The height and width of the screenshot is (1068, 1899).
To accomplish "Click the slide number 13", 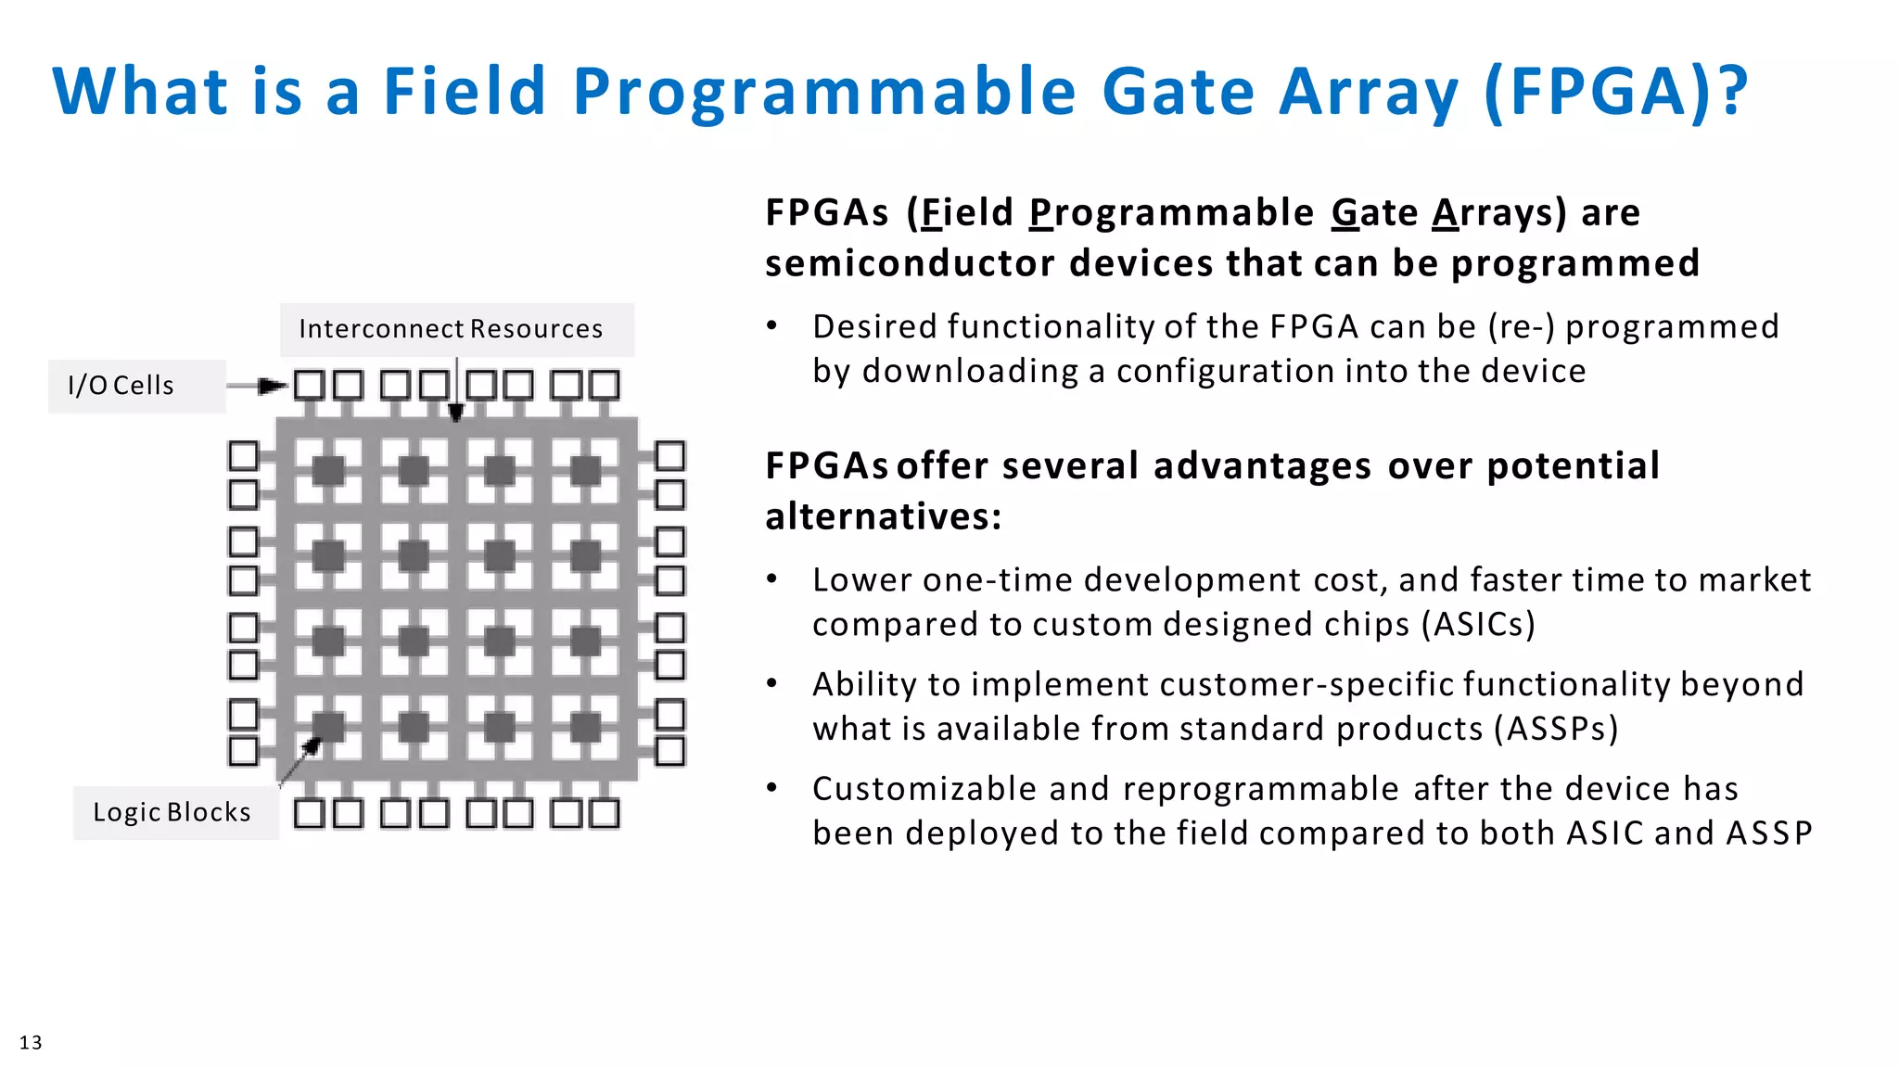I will (31, 1042).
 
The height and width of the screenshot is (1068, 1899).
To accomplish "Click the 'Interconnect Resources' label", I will (451, 329).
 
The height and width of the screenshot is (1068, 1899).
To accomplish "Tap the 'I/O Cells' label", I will (121, 386).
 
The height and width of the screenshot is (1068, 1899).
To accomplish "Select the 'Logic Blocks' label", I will (172, 812).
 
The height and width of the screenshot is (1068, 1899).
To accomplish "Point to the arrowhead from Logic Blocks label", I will (312, 744).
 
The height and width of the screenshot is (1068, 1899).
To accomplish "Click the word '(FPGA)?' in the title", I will (1615, 91).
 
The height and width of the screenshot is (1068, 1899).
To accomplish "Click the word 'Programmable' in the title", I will (824, 91).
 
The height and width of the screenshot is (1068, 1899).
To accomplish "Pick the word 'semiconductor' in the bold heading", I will (910, 263).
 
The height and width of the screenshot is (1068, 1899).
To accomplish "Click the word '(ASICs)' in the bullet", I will (1478, 624).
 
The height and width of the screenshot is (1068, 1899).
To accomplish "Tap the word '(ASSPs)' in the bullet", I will (1556, 729).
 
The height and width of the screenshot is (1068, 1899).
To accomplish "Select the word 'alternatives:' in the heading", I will (883, 516).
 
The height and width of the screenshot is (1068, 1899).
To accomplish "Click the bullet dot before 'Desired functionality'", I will (771, 326).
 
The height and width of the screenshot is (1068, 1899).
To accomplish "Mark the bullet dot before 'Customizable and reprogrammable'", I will (771, 788).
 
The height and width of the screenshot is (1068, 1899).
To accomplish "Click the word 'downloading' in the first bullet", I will (970, 371).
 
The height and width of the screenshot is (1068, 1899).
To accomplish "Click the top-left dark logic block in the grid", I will (328, 471).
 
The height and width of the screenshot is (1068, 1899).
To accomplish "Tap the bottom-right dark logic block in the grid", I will (585, 728).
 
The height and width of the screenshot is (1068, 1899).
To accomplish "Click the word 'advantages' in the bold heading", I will (1262, 465).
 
